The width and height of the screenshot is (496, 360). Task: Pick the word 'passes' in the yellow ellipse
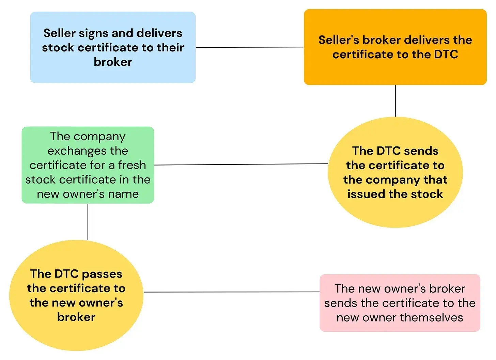pyautogui.click(x=102, y=275)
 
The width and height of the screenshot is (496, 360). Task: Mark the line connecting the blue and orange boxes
pyautogui.click(x=250, y=47)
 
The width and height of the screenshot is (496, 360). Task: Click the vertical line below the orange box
pyautogui.click(x=395, y=101)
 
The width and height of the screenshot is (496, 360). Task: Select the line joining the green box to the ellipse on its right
pyautogui.click(x=241, y=164)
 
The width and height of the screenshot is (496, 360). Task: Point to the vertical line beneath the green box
pyautogui.click(x=88, y=222)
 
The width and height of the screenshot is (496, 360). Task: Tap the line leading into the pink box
pyautogui.click(x=232, y=292)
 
